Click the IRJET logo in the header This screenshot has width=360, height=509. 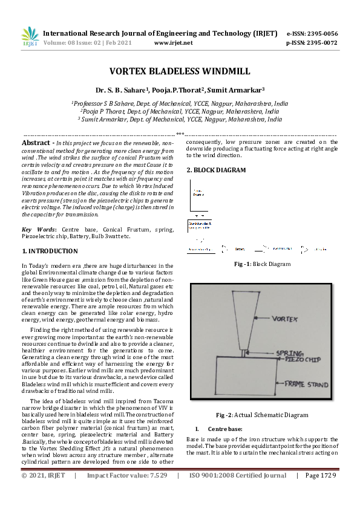click(30, 37)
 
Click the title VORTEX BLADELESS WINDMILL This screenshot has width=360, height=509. click(179, 71)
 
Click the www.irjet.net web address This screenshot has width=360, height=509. click(174, 43)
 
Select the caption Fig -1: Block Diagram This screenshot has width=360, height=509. click(262, 264)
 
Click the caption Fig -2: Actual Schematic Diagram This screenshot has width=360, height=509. click(262, 415)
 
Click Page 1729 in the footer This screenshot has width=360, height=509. click(320, 493)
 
